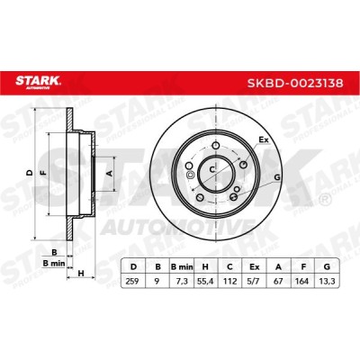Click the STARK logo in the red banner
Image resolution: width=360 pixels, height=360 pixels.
pyautogui.click(x=38, y=83)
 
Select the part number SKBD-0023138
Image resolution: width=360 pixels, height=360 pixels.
pyautogui.click(x=295, y=83)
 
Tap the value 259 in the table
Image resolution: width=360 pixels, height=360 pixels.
pyautogui.click(x=132, y=282)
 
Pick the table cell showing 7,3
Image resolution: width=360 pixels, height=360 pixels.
pyautogui.click(x=182, y=282)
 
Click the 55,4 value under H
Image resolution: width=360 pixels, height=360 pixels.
pyautogui.click(x=206, y=282)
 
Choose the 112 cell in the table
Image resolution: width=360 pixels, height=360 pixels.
pyautogui.click(x=229, y=282)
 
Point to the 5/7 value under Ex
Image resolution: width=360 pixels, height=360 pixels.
pyautogui.click(x=255, y=282)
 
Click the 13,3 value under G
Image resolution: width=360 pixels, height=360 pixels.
pyautogui.click(x=327, y=282)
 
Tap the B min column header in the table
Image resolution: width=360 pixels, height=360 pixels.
pyautogui.click(x=182, y=266)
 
